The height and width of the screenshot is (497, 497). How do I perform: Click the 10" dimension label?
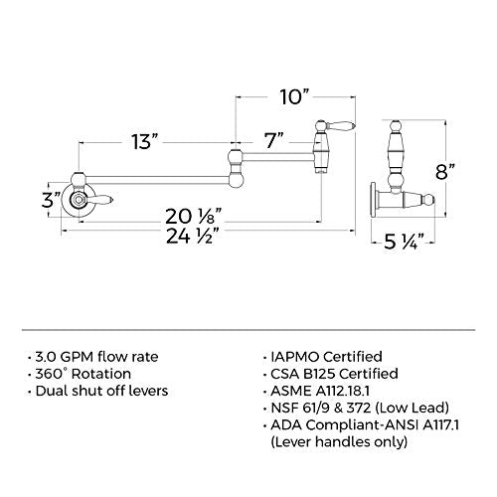(294, 96)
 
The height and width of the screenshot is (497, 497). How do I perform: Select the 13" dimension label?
(144, 141)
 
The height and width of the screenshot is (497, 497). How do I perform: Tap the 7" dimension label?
(274, 140)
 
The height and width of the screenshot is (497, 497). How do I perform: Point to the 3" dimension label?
(52, 200)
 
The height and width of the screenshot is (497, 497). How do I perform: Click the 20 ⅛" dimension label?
(193, 217)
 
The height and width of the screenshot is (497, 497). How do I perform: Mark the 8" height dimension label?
(445, 171)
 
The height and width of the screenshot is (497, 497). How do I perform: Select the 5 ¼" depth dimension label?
(405, 242)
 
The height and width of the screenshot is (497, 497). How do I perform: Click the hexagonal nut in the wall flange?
(79, 200)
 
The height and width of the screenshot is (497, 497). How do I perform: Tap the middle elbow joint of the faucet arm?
(236, 167)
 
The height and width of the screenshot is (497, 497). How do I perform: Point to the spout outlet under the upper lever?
(321, 170)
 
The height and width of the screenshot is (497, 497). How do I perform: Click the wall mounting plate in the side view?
(374, 199)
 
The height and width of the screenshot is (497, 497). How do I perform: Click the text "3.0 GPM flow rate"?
(96, 357)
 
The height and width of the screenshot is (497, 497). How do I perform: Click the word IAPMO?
(295, 357)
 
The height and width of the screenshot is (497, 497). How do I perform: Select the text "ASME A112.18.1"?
(320, 391)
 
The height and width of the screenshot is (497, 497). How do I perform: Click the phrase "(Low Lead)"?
(413, 408)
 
